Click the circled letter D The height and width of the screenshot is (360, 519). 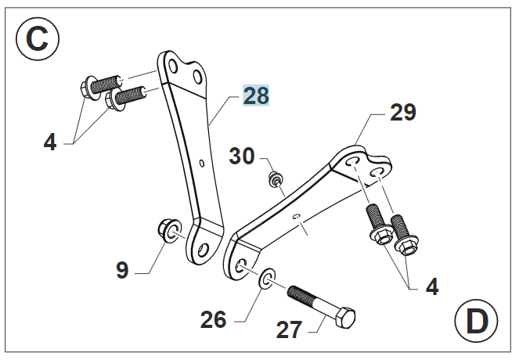coord(477,322)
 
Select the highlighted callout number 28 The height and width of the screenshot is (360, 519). coord(256,96)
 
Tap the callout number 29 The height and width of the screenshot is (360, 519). coord(402,113)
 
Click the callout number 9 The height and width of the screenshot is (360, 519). coord(121,270)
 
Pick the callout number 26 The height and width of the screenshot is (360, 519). coord(212,319)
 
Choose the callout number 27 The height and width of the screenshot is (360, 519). coord(289,329)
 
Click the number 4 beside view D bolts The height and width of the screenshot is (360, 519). coord(431,286)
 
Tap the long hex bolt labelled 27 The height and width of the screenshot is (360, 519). coord(322,307)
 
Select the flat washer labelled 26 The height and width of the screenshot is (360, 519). coord(265,277)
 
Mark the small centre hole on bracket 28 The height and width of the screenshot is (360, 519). coord(200,164)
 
